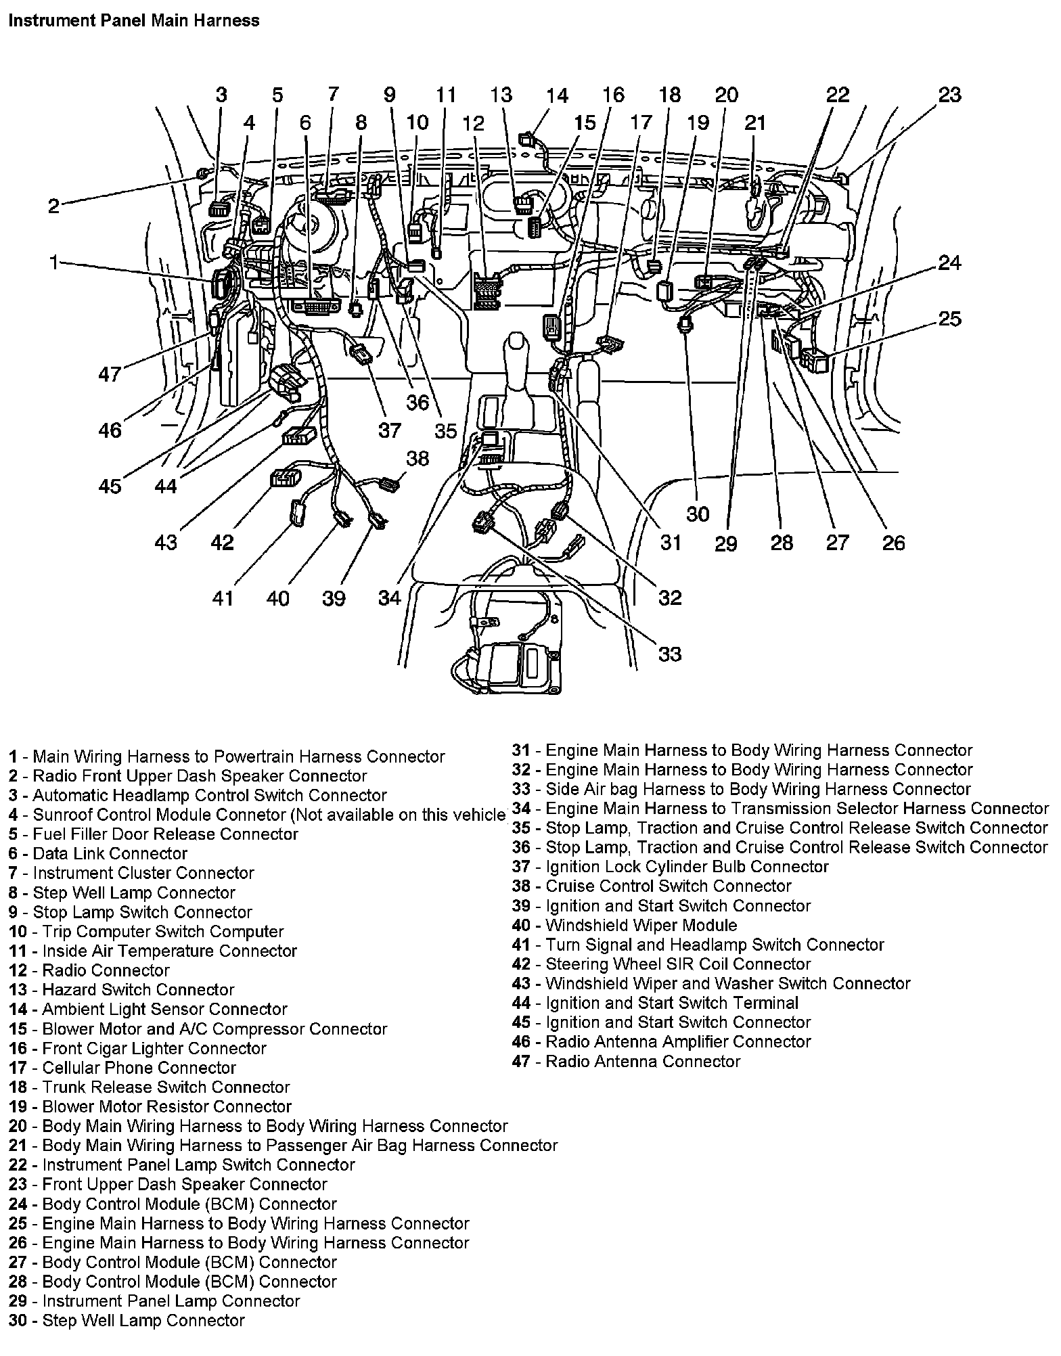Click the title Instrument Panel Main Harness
click(x=133, y=20)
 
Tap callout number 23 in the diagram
click(x=949, y=95)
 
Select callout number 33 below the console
click(x=669, y=654)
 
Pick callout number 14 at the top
click(x=557, y=95)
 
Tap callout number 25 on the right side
click(x=949, y=318)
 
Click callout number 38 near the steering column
click(x=417, y=458)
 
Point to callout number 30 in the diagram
click(x=698, y=514)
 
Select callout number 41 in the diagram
click(x=223, y=597)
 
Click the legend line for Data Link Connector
click(x=99, y=853)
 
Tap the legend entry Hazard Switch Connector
click(x=122, y=990)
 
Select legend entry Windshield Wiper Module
click(x=625, y=925)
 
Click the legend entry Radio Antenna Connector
click(x=626, y=1061)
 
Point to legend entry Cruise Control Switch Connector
click(x=652, y=886)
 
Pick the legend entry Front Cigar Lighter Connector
click(x=138, y=1048)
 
